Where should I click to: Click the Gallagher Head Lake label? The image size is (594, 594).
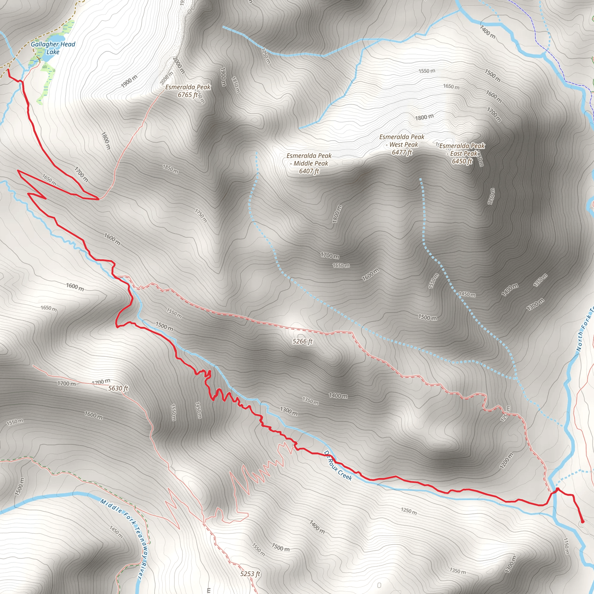[x=53, y=48]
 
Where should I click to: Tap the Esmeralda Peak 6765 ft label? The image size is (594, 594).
[x=188, y=91]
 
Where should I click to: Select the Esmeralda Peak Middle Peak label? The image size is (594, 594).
[x=309, y=163]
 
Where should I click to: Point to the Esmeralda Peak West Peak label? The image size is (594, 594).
[x=401, y=144]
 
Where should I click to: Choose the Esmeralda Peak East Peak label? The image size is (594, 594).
[x=462, y=153]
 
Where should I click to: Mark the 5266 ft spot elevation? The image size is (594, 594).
[x=303, y=341]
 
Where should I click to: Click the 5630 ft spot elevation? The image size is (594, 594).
[x=118, y=388]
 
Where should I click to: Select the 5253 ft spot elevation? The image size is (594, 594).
[x=250, y=574]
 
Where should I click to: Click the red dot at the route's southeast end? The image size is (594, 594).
[x=582, y=522]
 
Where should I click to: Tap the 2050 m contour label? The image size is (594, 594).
[x=167, y=78]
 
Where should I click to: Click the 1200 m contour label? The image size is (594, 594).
[x=506, y=461]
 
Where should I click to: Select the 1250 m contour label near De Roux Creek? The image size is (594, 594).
[x=409, y=511]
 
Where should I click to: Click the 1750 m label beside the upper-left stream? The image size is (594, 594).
[x=266, y=55]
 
